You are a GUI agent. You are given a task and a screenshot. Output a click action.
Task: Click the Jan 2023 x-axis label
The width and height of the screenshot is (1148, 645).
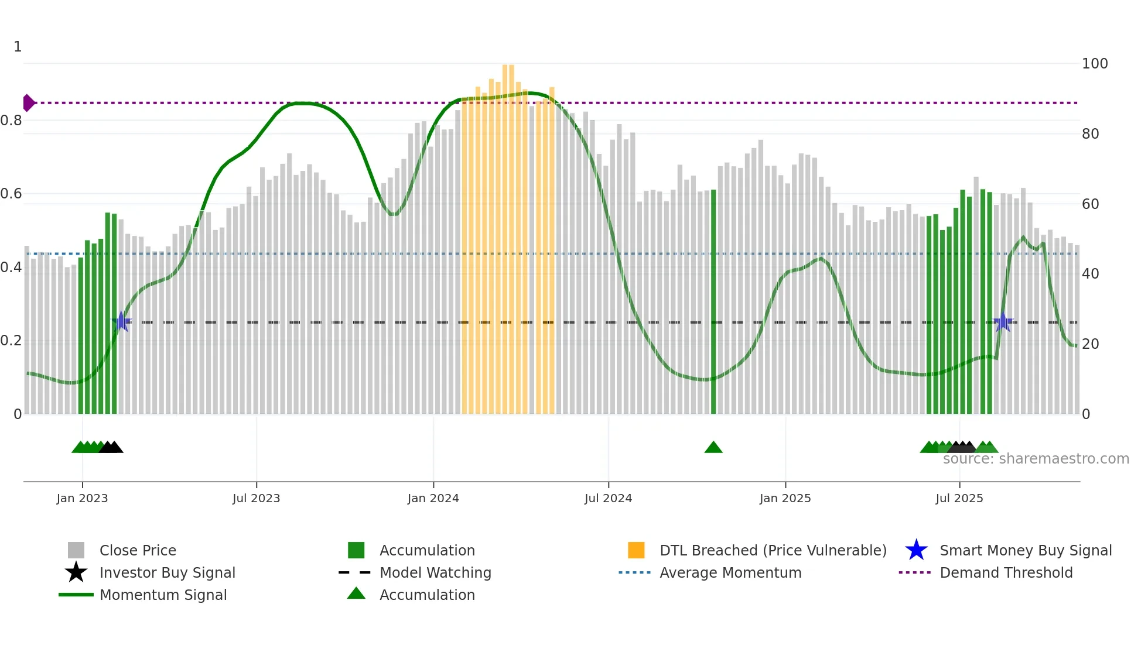[x=82, y=498]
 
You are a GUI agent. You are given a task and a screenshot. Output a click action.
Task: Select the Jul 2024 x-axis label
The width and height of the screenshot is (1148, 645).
[x=608, y=498]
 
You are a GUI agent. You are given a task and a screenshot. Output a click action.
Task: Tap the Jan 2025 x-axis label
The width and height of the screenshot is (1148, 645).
[x=785, y=498]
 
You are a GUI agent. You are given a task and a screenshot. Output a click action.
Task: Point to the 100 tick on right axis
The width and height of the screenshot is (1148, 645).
[x=1094, y=63]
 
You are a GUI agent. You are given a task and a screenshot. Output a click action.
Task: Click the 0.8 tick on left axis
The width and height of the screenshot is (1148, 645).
[x=11, y=121]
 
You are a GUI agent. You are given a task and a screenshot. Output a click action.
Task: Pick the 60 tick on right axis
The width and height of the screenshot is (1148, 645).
[x=1090, y=204]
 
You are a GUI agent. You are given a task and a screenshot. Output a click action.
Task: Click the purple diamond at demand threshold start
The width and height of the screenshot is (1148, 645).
[x=28, y=103]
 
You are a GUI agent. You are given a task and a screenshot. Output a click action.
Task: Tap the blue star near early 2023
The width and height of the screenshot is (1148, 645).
[x=121, y=321]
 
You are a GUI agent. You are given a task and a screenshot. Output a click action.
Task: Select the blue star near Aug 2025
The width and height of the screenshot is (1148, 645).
[x=1003, y=322]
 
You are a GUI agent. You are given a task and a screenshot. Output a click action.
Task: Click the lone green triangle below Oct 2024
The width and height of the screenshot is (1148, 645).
[x=713, y=448]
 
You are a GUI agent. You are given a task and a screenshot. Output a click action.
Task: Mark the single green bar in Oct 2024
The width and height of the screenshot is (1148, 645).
[x=713, y=301]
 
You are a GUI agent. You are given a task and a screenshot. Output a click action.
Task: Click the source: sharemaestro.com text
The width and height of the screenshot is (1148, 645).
[x=1036, y=459]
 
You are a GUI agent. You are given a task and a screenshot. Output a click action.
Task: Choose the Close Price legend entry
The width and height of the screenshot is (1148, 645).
[x=137, y=550]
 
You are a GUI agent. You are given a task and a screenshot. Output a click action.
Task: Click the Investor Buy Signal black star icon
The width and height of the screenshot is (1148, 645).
[x=76, y=572]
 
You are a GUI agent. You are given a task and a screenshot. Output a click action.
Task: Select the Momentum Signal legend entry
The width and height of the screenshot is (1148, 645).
[x=163, y=595]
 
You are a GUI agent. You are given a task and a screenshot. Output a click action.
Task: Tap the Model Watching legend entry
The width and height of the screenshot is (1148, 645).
[x=435, y=572]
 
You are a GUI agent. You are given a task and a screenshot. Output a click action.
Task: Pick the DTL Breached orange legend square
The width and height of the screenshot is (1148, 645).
[x=636, y=550]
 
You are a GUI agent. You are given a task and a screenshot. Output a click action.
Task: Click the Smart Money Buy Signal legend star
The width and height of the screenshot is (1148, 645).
[x=916, y=550]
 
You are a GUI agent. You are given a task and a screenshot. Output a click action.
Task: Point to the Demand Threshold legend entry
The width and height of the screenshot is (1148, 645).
[x=1006, y=572]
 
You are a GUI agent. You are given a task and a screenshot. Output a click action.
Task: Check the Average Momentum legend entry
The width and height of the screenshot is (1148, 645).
[x=730, y=572]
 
